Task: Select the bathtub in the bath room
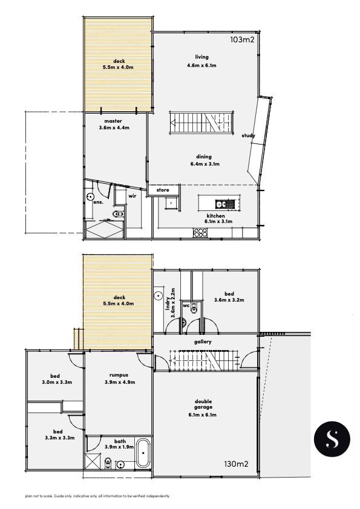[x=143, y=453]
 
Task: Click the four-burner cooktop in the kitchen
[x=200, y=232]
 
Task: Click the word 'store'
[x=163, y=190]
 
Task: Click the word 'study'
[x=248, y=135]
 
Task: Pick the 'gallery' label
[x=203, y=342]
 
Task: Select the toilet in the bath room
[x=108, y=463]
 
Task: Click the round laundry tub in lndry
[x=159, y=296]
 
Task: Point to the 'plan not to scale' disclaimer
[x=97, y=496]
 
